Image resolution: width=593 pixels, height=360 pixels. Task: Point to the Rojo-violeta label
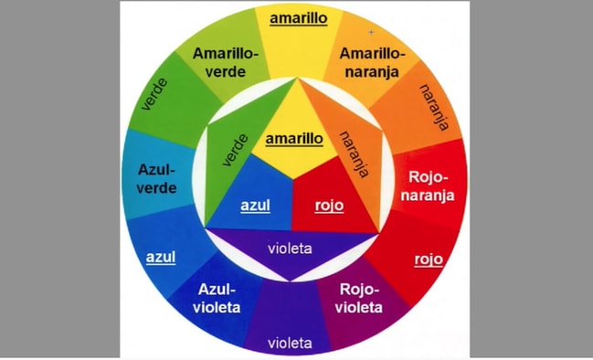pos(359,298)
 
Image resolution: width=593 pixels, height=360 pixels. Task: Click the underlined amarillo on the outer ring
pos(293,18)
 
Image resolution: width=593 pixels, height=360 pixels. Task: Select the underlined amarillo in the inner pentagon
pos(294,139)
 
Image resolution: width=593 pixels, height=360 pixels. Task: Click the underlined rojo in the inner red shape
pos(329,205)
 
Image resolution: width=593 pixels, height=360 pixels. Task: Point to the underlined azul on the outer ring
pos(160,257)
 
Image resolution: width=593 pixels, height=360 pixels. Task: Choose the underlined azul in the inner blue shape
pos(255,205)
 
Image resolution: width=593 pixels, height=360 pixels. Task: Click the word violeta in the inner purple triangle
pos(291,248)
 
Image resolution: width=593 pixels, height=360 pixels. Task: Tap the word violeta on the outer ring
pos(291,344)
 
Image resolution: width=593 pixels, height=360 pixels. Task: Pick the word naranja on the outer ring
pos(433,108)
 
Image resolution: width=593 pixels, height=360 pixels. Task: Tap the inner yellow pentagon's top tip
pos(294,79)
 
